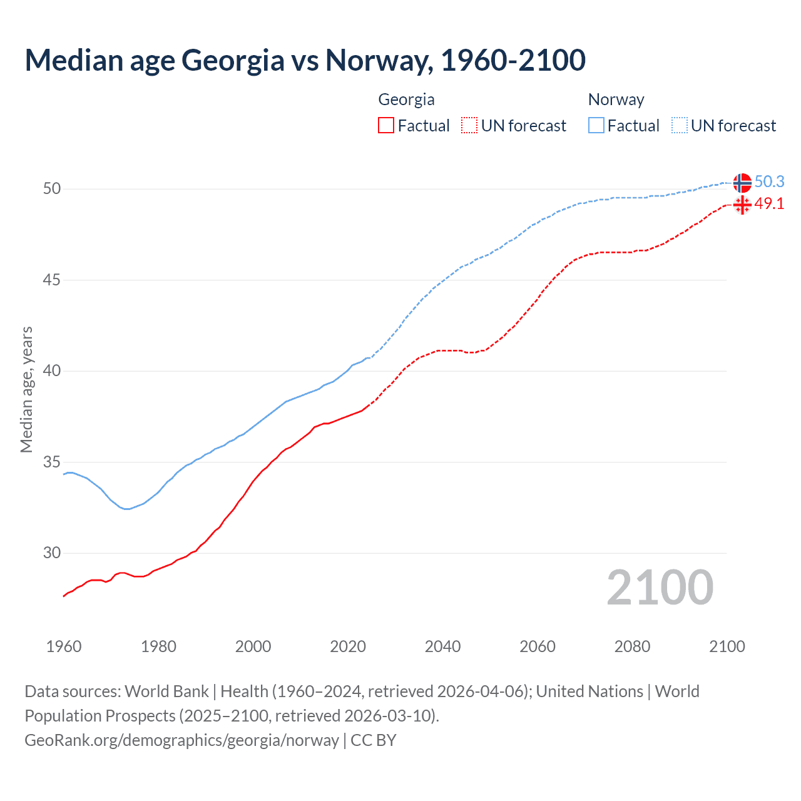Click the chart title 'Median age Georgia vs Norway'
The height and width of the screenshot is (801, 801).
click(305, 60)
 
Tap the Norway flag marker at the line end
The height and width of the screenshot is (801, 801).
click(742, 183)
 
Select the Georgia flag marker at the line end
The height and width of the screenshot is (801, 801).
click(742, 205)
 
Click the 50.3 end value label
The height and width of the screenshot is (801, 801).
click(769, 182)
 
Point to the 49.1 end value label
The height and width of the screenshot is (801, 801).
click(769, 204)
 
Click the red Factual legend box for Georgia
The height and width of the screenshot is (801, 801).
click(386, 126)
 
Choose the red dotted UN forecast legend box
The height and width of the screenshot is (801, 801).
click(469, 126)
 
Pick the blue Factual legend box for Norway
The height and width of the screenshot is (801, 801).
click(596, 126)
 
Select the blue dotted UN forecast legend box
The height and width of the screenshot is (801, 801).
click(680, 126)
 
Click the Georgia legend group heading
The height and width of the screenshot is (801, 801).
click(406, 99)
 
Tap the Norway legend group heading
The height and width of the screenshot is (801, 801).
click(616, 99)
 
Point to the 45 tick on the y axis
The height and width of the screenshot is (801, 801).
click(52, 280)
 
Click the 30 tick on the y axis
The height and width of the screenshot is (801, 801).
click(52, 553)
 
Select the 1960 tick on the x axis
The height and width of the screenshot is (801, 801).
click(64, 646)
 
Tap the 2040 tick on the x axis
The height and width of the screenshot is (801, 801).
click(442, 646)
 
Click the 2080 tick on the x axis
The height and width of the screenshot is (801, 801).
click(632, 646)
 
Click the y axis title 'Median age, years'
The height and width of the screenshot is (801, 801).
click(26, 389)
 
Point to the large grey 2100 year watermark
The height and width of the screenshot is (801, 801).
click(660, 588)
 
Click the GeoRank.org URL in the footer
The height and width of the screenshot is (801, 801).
click(181, 740)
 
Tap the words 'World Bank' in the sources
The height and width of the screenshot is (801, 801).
click(166, 691)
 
